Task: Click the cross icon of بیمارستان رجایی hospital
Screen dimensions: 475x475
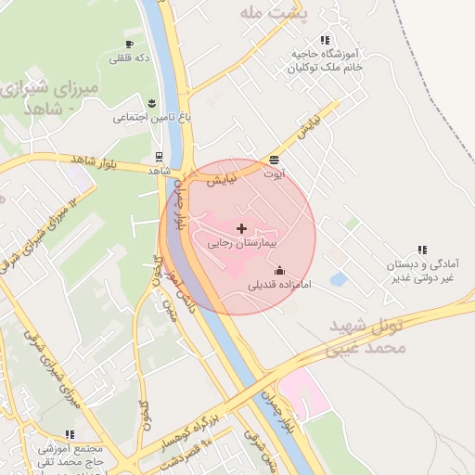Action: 242,228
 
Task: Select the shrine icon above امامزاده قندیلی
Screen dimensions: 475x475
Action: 280,270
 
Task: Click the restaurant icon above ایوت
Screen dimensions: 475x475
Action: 274,160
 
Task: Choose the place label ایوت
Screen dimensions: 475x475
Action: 275,173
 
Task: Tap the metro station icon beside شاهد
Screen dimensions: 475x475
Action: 160,157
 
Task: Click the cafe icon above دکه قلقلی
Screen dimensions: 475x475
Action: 129,44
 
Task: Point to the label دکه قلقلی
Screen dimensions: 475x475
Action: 130,58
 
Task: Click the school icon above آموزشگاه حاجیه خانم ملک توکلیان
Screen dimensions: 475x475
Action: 325,40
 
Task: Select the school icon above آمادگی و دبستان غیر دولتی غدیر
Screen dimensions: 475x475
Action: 422,249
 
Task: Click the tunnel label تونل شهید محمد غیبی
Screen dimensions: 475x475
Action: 368,336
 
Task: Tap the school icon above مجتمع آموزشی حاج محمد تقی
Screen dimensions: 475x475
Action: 70,433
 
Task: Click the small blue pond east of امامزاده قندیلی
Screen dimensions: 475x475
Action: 339,278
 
